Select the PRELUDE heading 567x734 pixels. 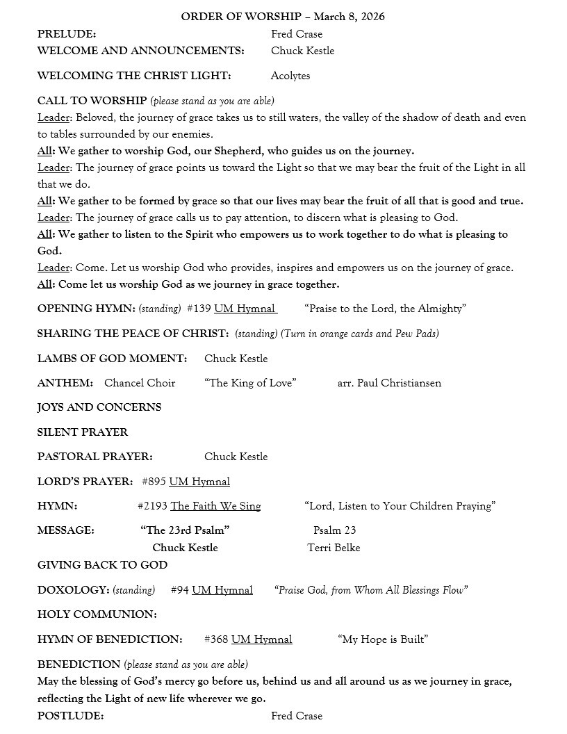[x=67, y=34]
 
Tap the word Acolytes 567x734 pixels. [x=290, y=76]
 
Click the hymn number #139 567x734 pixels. [x=199, y=309]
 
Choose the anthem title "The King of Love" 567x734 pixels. [x=250, y=383]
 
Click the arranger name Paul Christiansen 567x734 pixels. [x=399, y=383]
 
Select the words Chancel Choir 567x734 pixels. [x=140, y=383]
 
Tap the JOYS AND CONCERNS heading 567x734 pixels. [x=99, y=407]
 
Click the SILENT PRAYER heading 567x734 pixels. [x=83, y=432]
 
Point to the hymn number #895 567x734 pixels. [x=154, y=482]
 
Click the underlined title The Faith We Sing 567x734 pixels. [x=215, y=506]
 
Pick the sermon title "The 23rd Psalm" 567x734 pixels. [x=185, y=530]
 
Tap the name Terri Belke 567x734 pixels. [x=334, y=548]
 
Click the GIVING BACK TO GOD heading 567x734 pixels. [x=102, y=565]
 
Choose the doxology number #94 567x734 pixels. [x=179, y=590]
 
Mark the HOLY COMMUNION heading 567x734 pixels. [x=97, y=614]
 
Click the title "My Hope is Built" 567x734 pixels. [x=382, y=639]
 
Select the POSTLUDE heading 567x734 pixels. [x=71, y=716]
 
